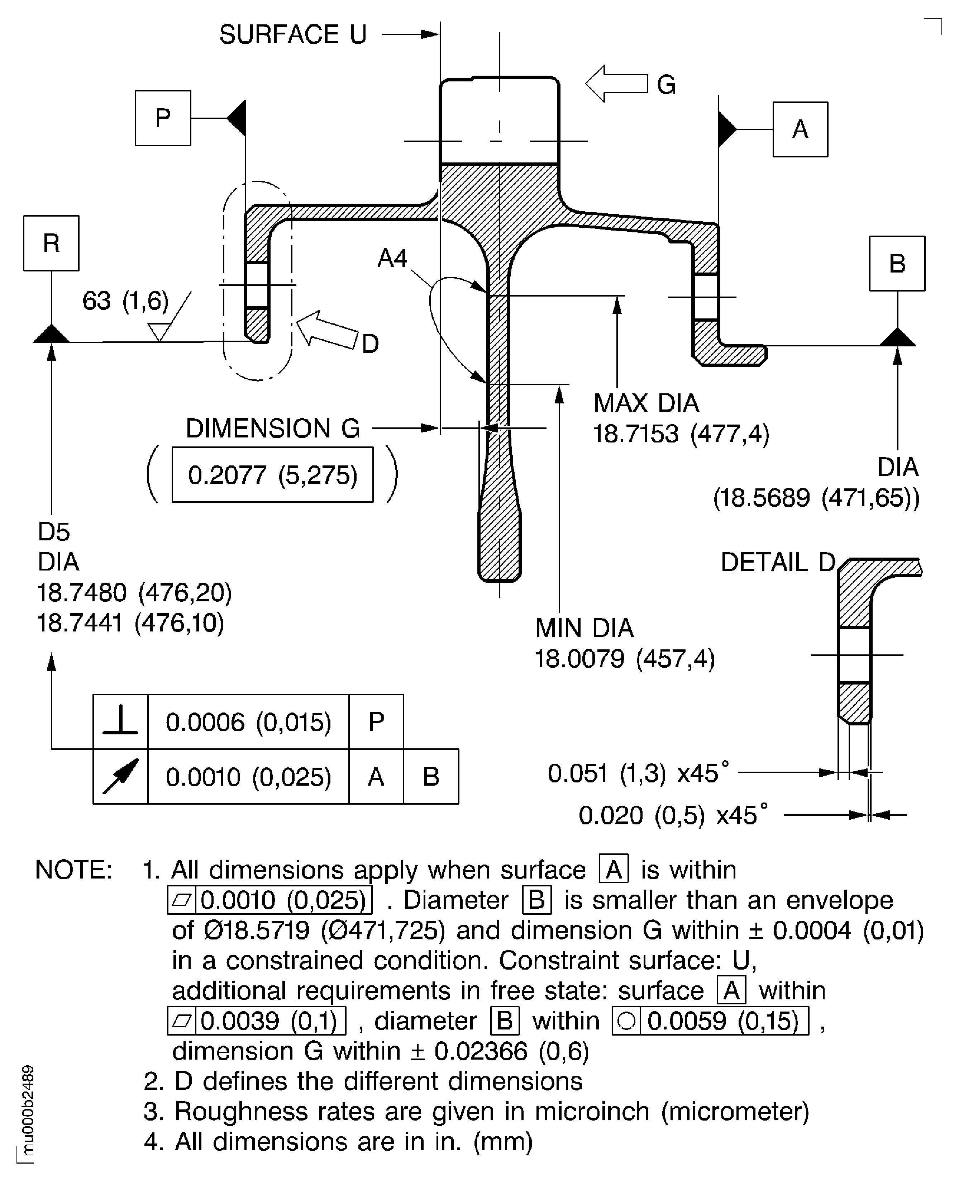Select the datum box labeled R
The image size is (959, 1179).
(x=51, y=243)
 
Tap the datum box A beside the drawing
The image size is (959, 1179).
(x=800, y=129)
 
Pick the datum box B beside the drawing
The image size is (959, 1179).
(x=897, y=264)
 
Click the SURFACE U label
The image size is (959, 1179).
(x=293, y=35)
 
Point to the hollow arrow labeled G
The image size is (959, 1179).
(x=616, y=84)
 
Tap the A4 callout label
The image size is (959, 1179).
(x=392, y=258)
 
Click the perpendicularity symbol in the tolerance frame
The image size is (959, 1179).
(x=120, y=722)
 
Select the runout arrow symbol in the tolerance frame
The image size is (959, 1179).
(x=120, y=777)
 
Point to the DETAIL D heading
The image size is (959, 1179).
(x=778, y=562)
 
